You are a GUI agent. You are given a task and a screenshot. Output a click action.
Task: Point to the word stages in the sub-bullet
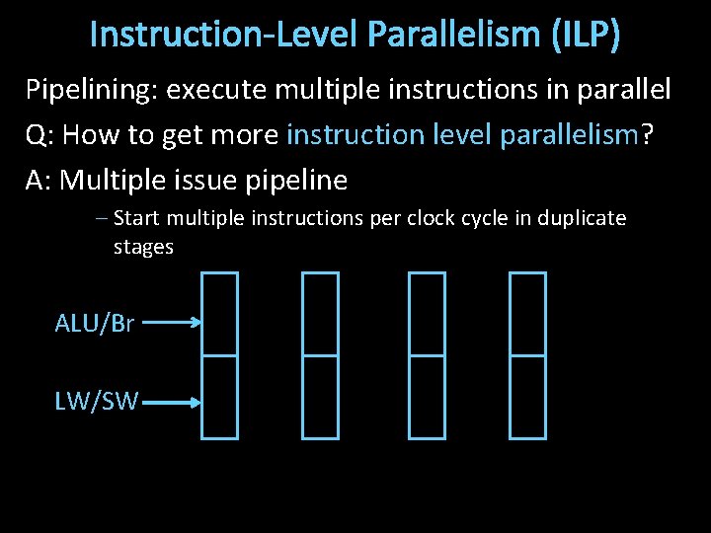click(x=143, y=247)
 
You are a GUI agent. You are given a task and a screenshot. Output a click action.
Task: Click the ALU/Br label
click(x=95, y=323)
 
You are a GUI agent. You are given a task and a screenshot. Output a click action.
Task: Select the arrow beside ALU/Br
click(x=178, y=322)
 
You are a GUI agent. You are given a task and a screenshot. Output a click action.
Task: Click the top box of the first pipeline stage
click(x=219, y=314)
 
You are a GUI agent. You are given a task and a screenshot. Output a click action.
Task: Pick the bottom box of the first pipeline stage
click(x=219, y=396)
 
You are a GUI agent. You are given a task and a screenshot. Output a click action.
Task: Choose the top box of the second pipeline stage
click(x=320, y=314)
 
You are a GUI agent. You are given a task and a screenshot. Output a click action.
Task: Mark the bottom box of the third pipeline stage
click(x=427, y=396)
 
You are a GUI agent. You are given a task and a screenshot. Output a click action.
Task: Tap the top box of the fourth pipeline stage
click(x=527, y=314)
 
